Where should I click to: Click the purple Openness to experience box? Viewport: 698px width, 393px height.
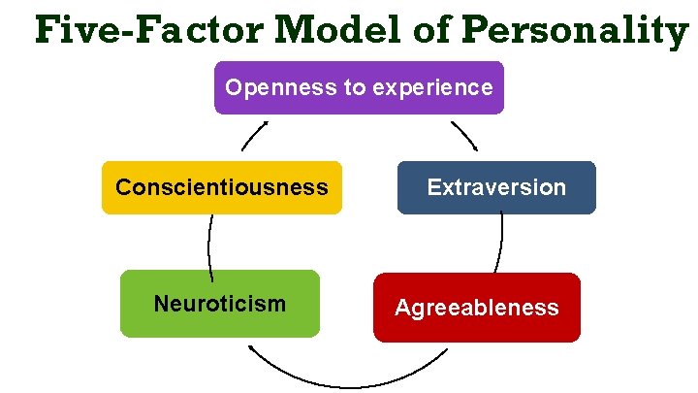359,87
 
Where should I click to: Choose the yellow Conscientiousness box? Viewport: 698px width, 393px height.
221,187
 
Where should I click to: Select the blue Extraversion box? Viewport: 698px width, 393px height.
496,187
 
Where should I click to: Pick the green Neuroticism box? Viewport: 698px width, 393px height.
220,304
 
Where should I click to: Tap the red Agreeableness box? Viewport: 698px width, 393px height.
476,308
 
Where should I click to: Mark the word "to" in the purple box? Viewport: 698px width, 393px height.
354,87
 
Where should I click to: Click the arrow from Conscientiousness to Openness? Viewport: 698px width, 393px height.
255,136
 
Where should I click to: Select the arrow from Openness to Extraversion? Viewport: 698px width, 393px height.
464,135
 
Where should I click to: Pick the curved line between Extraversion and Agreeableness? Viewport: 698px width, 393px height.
500,243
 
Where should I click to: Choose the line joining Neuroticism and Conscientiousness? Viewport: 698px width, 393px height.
209,243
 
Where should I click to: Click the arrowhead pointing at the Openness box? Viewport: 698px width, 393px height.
265,124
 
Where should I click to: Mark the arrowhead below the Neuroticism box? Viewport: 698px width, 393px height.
252,349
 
